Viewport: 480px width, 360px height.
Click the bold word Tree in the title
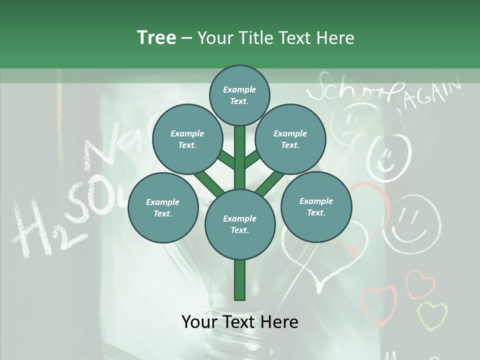(x=156, y=38)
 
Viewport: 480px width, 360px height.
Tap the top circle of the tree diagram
(x=239, y=95)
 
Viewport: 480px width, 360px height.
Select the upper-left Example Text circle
(x=187, y=139)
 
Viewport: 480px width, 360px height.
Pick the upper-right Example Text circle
(x=290, y=139)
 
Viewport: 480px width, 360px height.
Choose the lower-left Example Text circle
(x=162, y=208)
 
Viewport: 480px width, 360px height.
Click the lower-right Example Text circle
(x=316, y=206)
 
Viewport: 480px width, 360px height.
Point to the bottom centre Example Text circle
(x=239, y=224)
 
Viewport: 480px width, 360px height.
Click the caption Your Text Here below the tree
(x=239, y=322)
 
